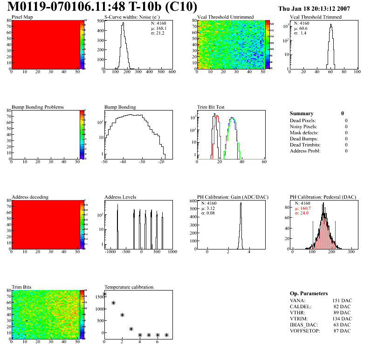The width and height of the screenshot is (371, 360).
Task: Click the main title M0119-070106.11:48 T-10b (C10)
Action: [103, 7]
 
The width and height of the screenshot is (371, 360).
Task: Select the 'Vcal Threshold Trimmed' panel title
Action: [316, 17]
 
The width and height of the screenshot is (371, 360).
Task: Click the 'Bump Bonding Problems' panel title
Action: [37, 107]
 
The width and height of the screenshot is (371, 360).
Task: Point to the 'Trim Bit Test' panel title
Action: [211, 107]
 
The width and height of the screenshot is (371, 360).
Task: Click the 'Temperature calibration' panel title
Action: [129, 287]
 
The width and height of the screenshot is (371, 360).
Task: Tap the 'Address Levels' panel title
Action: [120, 197]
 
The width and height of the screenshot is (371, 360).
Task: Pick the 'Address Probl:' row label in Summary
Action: [305, 151]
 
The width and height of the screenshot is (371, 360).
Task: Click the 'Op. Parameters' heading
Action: [309, 293]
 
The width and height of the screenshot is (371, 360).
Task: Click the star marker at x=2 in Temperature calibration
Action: [122, 315]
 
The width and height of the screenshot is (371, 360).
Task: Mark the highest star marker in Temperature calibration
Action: [105, 294]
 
